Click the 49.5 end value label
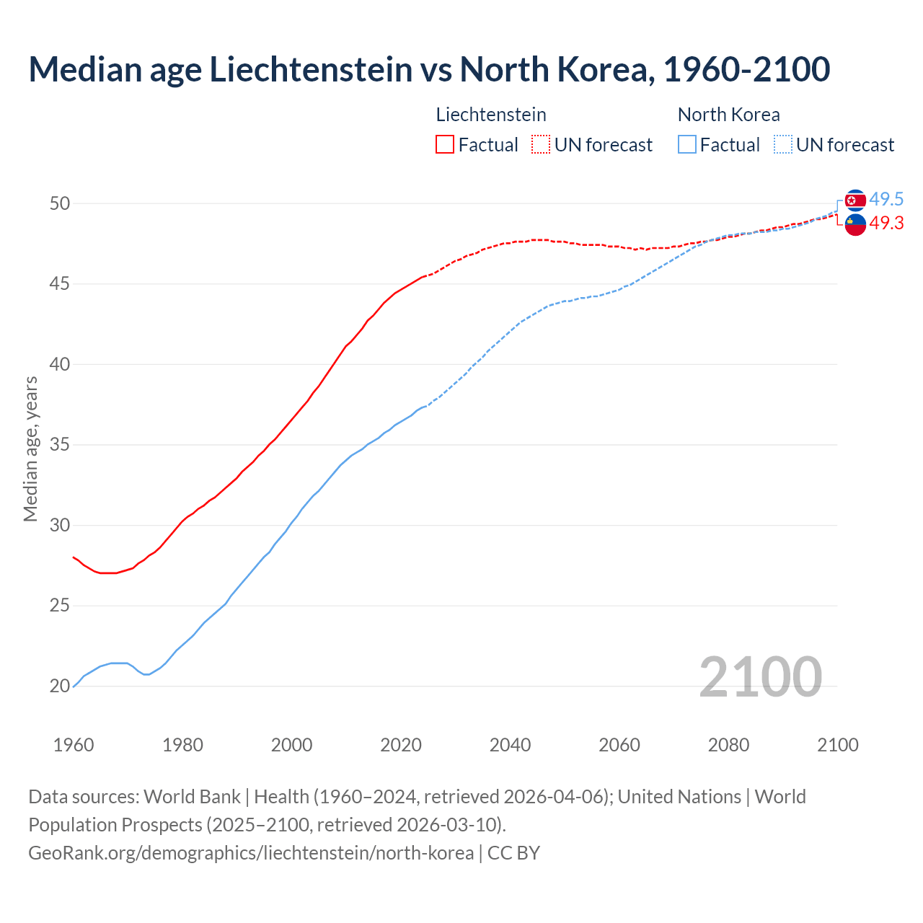886,200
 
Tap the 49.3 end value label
886,224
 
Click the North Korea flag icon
855,200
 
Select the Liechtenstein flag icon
855,224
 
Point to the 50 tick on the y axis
60,204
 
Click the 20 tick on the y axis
60,686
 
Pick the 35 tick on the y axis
60,445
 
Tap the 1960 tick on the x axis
74,745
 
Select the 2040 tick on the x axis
510,745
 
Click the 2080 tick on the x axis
728,745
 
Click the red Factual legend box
445,145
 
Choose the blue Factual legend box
687,145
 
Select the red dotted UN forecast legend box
541,145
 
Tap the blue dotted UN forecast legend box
783,145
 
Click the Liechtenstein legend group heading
491,115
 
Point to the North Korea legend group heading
728,115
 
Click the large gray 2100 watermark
760,677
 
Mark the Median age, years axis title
30,449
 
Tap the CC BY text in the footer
513,853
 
